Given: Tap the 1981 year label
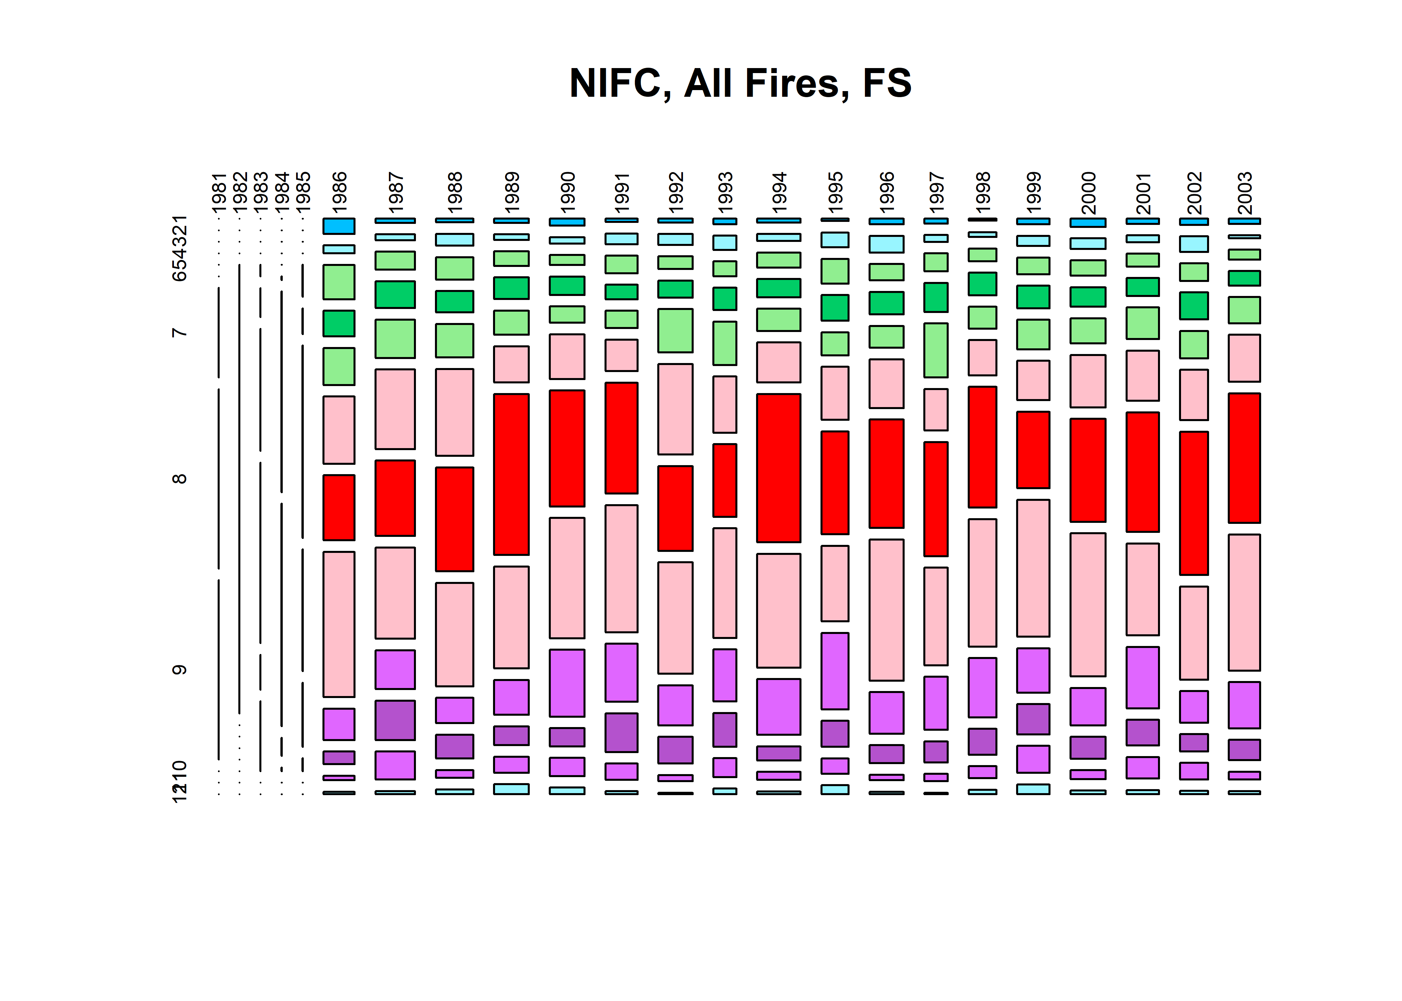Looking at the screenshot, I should pyautogui.click(x=219, y=192).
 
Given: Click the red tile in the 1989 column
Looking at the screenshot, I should pyautogui.click(x=511, y=474).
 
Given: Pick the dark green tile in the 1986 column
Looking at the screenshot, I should pyautogui.click(x=339, y=323).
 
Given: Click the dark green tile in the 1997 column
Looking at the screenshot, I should pyautogui.click(x=936, y=297).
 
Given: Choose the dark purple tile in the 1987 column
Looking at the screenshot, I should pyautogui.click(x=395, y=720).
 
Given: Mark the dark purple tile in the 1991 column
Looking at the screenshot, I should pyautogui.click(x=622, y=732).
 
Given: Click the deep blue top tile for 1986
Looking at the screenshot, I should pyautogui.click(x=339, y=226).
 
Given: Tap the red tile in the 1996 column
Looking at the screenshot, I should pyautogui.click(x=887, y=473).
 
